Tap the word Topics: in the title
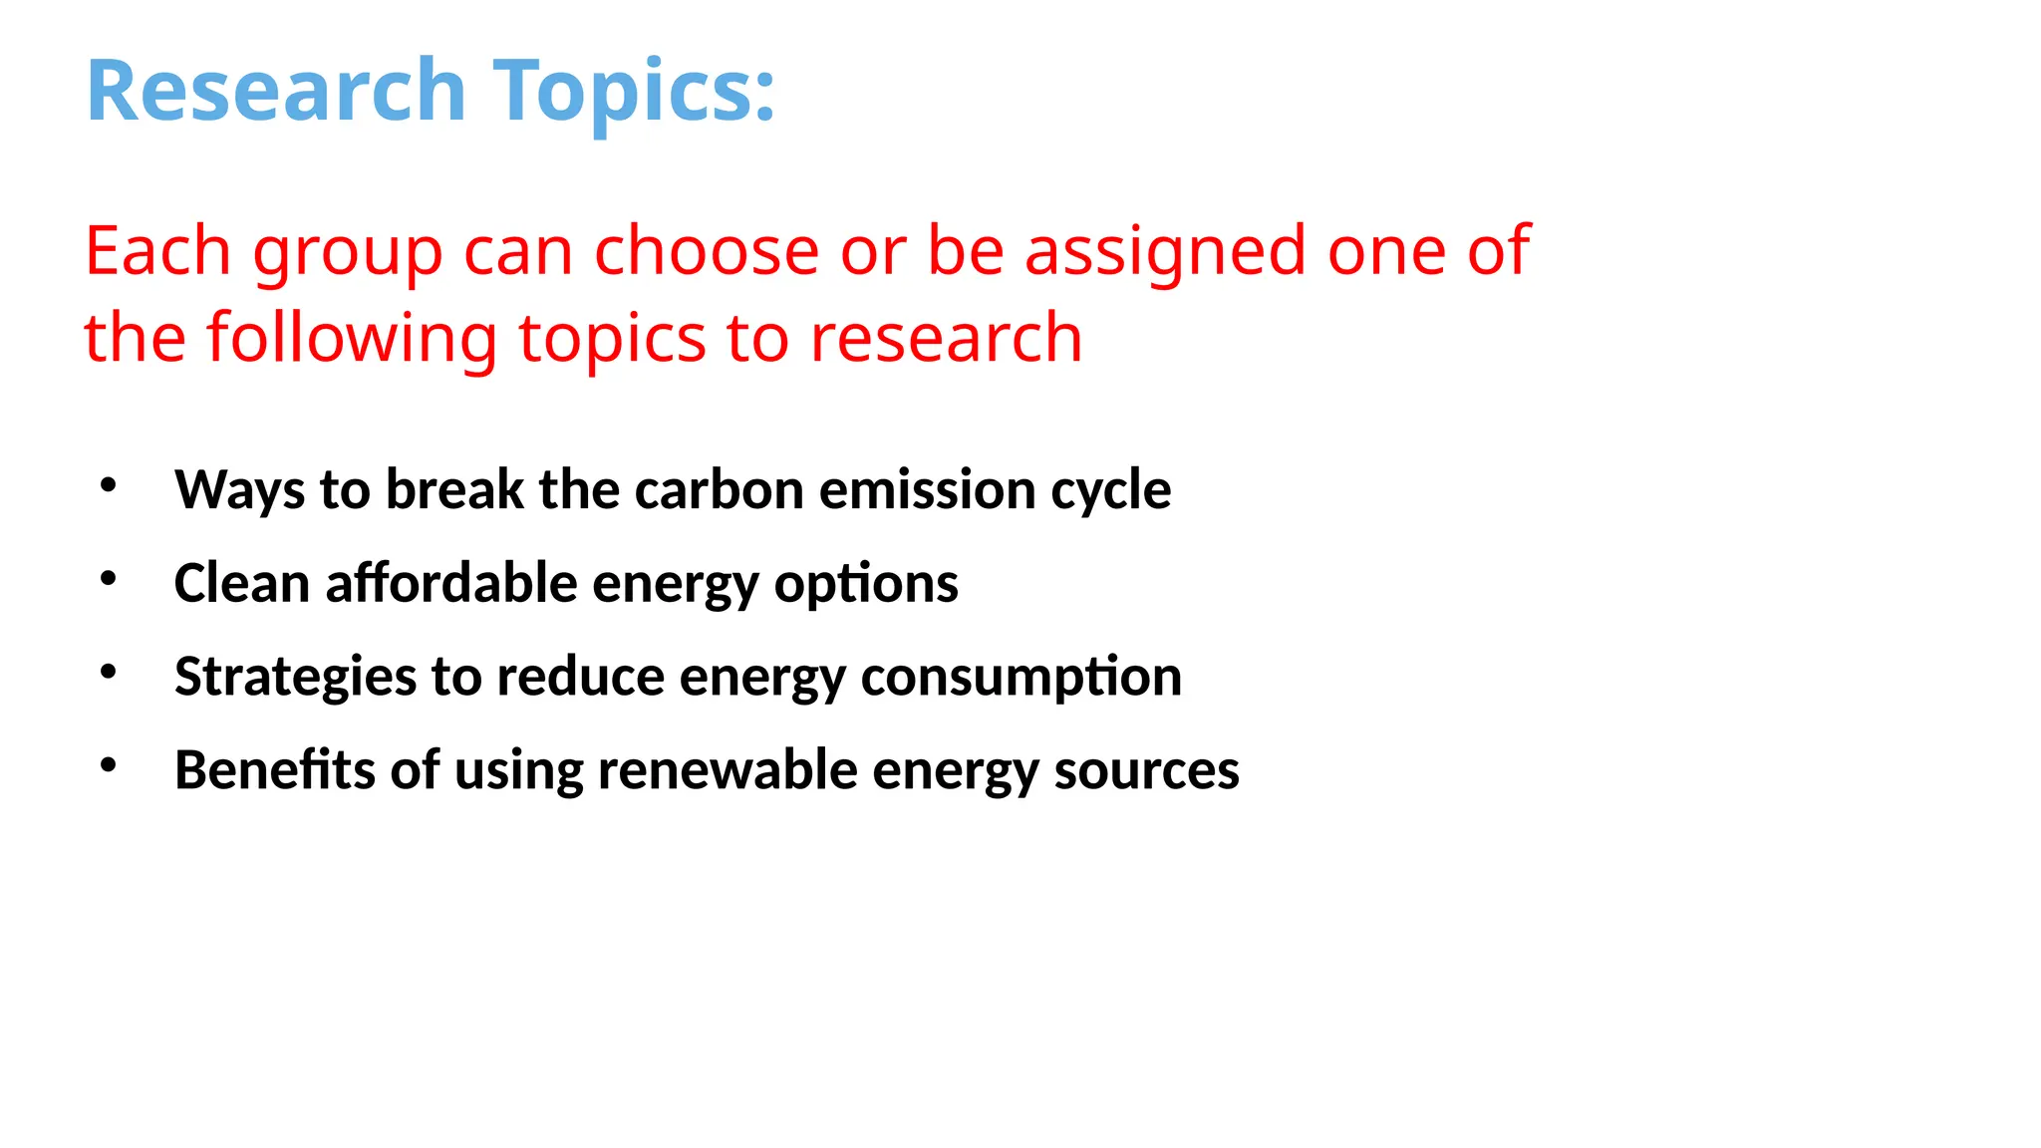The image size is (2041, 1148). [x=634, y=91]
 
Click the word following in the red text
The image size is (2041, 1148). [x=351, y=338]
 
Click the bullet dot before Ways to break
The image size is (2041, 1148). [x=109, y=485]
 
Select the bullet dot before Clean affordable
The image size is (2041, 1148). [x=109, y=578]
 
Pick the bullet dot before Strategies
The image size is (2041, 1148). [x=109, y=672]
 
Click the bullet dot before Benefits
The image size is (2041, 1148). [x=109, y=765]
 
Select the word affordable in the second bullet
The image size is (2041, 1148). [x=450, y=583]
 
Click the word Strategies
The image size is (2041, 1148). [x=295, y=677]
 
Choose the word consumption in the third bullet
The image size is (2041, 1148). [x=1020, y=677]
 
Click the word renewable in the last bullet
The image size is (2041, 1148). [x=727, y=770]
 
